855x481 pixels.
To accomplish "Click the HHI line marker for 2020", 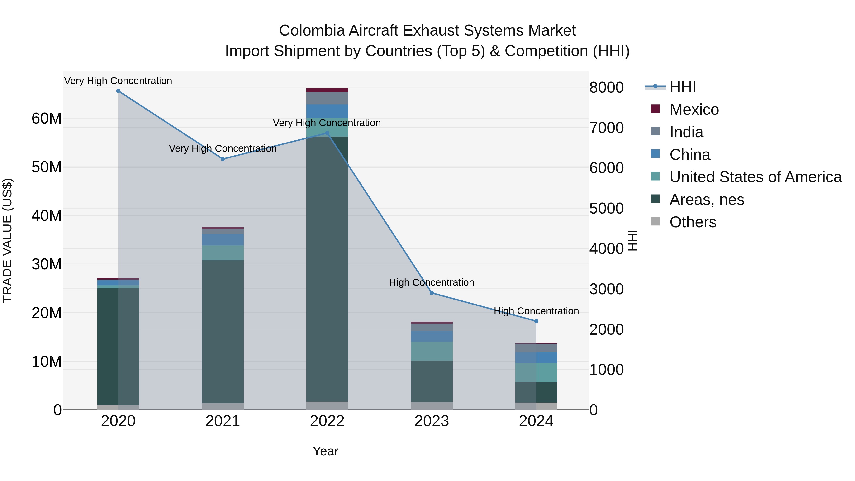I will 118,91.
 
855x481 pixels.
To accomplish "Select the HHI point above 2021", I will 223,159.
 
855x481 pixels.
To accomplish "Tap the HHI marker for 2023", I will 432,293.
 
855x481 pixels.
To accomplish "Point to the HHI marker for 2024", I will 536,321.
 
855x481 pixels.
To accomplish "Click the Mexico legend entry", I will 694,110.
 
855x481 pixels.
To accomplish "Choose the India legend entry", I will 686,132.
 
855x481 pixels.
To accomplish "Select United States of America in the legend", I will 755,177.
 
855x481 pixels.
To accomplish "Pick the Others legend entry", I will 693,222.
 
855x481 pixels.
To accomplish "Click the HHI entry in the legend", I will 682,87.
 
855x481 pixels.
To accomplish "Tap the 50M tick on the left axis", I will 47,167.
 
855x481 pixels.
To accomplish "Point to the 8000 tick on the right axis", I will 606,88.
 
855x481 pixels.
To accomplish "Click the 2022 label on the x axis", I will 327,421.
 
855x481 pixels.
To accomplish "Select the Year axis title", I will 325,451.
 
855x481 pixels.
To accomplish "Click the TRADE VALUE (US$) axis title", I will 7,240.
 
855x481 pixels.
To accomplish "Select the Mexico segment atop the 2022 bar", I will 327,90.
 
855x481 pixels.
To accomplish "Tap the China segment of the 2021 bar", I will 223,240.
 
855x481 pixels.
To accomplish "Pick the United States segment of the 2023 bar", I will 432,351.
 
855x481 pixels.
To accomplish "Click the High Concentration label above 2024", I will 536,311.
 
